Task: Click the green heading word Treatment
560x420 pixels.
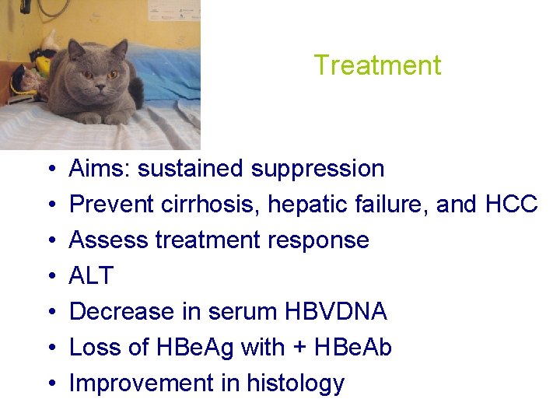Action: click(377, 65)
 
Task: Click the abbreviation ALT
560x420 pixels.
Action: click(91, 276)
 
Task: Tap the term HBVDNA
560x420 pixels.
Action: click(336, 312)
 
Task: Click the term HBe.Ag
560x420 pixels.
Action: click(191, 348)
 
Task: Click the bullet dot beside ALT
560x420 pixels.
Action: click(49, 277)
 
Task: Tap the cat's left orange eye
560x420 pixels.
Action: click(113, 75)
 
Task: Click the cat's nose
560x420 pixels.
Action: click(100, 85)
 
